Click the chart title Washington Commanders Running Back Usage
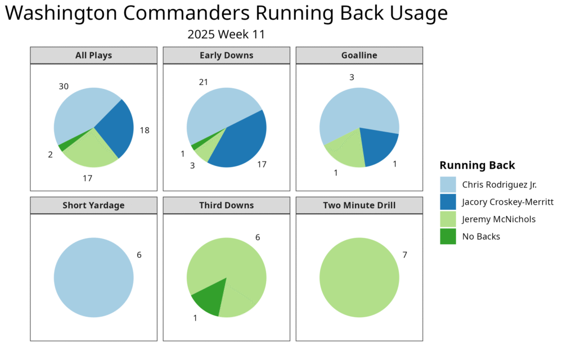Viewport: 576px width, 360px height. [x=226, y=13]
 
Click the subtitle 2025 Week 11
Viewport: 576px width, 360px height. [x=226, y=35]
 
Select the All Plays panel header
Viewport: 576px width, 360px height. [x=93, y=55]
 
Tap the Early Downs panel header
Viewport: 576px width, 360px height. [x=226, y=55]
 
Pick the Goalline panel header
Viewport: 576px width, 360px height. [x=359, y=55]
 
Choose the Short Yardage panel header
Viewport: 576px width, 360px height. [x=93, y=205]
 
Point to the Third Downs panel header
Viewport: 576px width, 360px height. [x=226, y=205]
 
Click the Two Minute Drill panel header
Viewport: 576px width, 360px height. [x=359, y=205]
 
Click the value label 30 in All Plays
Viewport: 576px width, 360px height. [x=64, y=87]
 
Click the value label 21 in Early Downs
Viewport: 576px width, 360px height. [x=204, y=82]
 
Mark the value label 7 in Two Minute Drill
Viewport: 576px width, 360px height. [x=404, y=255]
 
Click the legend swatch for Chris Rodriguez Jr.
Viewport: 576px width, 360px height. [x=448, y=184]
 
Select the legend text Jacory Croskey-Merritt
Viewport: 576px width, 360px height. [x=508, y=202]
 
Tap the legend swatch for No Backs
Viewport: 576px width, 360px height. [x=448, y=236]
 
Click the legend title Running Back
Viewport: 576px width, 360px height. [x=477, y=165]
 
